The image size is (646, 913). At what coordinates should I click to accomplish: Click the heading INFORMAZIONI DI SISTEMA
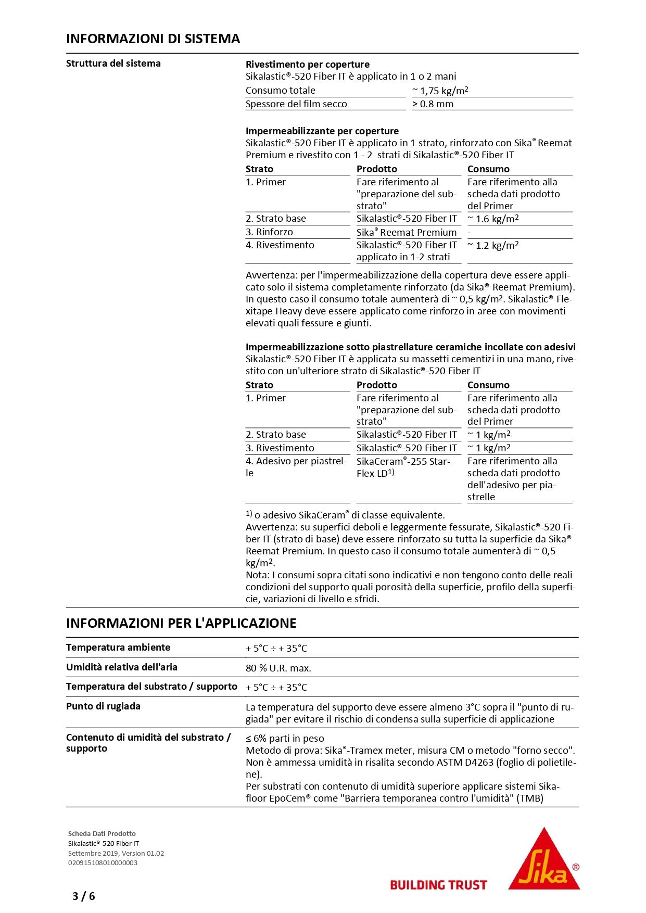(x=153, y=39)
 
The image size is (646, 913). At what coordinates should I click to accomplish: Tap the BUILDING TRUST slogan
(x=438, y=885)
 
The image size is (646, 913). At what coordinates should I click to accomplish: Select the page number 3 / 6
(x=84, y=896)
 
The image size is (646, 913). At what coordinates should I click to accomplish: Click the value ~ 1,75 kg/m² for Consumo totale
(x=440, y=91)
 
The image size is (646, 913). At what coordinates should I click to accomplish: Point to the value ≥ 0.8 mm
(x=433, y=104)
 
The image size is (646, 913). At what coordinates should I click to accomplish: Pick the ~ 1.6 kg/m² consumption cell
(x=493, y=219)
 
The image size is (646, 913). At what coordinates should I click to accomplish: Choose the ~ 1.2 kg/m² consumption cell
(x=493, y=245)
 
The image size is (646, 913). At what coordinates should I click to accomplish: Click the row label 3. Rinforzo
(x=269, y=232)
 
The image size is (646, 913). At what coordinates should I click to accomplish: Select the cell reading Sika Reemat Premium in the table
(x=407, y=232)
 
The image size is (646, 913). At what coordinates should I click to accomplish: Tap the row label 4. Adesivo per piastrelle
(x=296, y=467)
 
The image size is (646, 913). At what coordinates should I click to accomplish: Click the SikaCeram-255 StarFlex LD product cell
(x=403, y=467)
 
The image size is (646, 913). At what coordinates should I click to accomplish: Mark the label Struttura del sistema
(x=113, y=64)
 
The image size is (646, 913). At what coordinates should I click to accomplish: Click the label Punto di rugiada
(x=103, y=706)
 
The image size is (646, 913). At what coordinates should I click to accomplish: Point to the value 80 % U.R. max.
(x=278, y=668)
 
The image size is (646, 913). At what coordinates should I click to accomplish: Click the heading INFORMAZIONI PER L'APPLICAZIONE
(x=181, y=623)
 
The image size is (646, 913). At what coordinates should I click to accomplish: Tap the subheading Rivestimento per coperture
(x=308, y=65)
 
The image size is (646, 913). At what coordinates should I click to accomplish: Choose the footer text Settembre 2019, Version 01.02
(x=116, y=853)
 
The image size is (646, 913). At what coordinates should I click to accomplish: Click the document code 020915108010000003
(x=103, y=863)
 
